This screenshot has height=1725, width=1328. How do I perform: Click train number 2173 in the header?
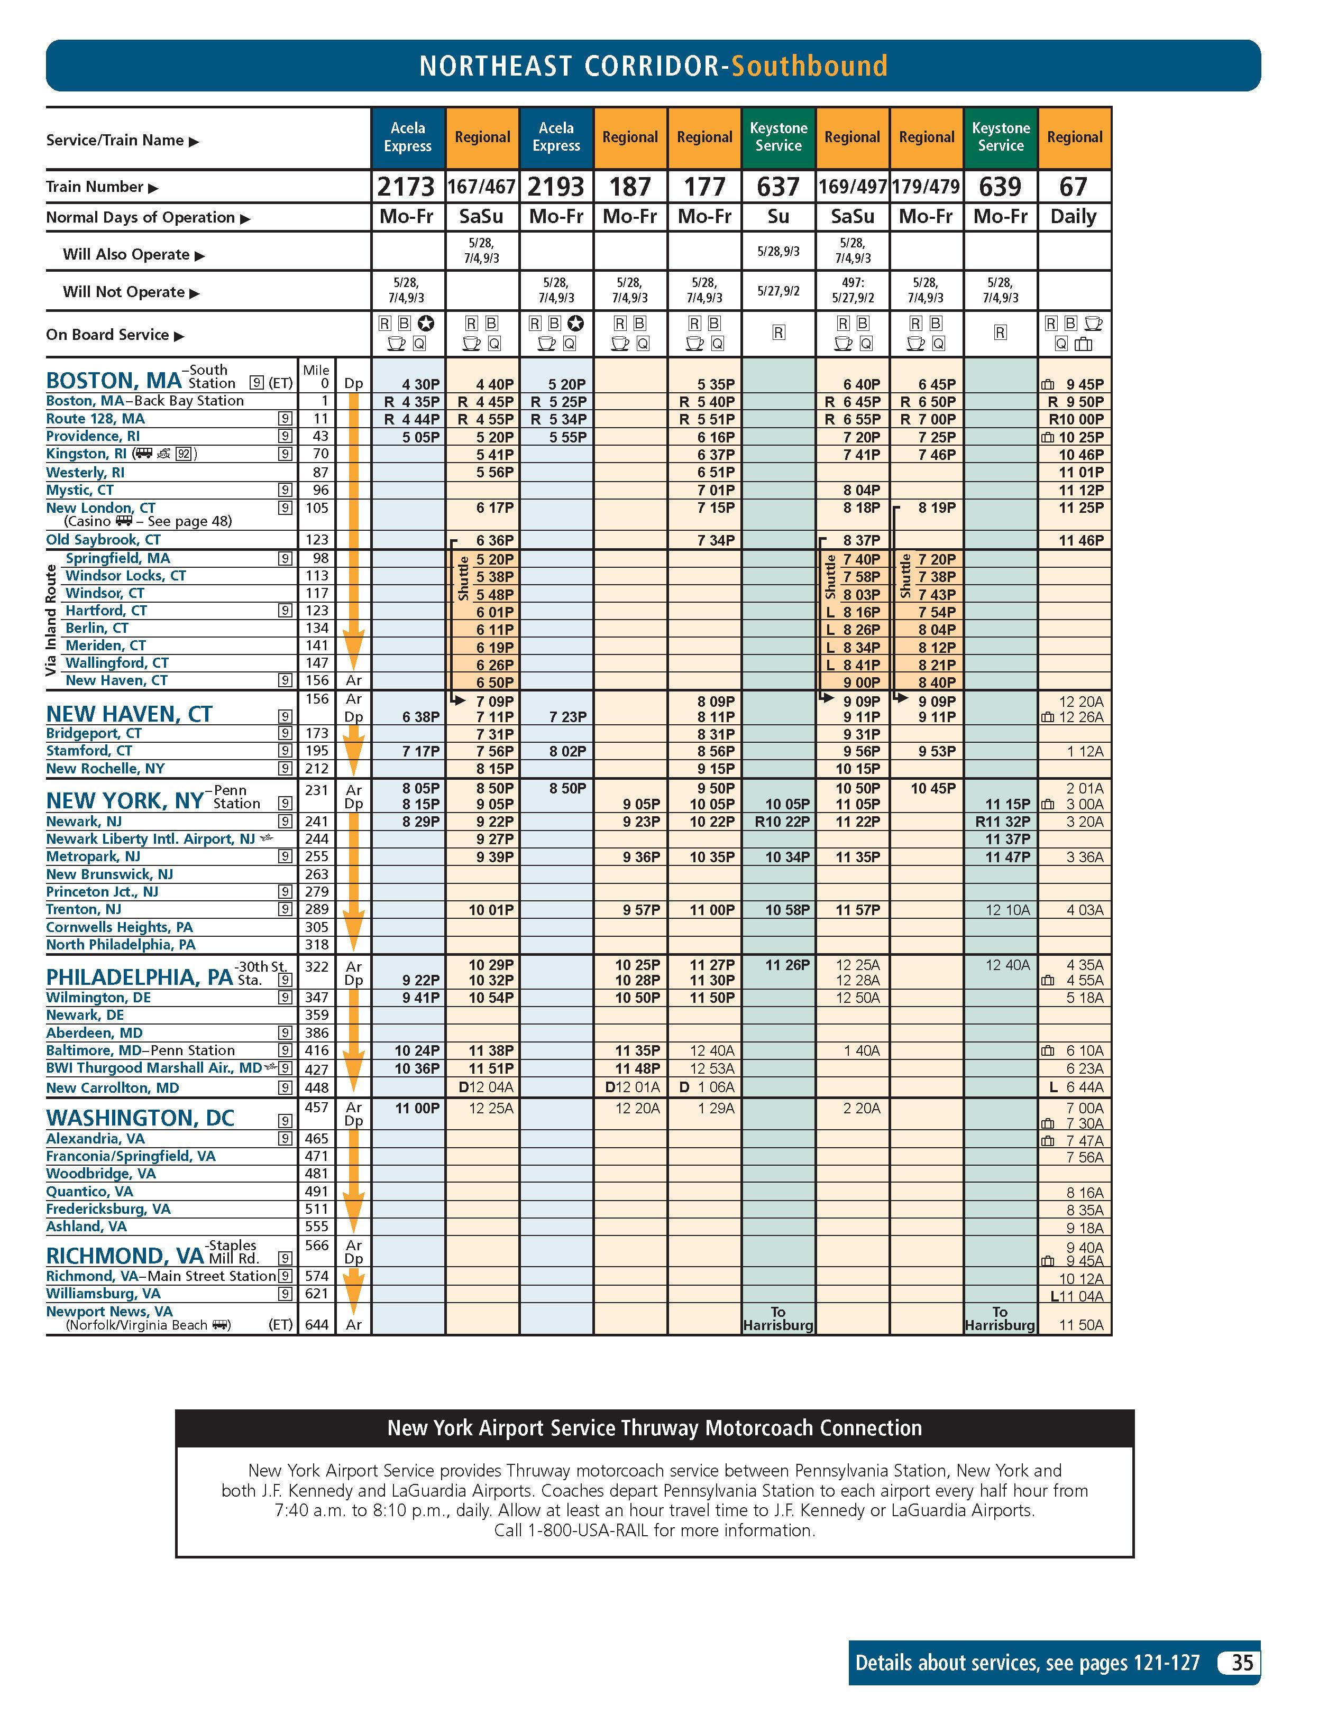click(x=406, y=187)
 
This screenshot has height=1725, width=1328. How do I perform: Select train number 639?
click(x=1000, y=187)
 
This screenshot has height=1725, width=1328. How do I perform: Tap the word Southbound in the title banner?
click(x=809, y=66)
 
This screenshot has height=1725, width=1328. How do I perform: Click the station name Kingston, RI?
click(x=86, y=454)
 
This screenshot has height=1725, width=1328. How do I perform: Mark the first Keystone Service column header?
click(x=778, y=136)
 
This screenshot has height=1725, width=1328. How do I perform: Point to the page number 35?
click(x=1242, y=1663)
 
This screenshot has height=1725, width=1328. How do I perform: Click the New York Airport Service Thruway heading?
click(x=654, y=1428)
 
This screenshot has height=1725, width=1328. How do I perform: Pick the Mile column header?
click(x=316, y=370)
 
